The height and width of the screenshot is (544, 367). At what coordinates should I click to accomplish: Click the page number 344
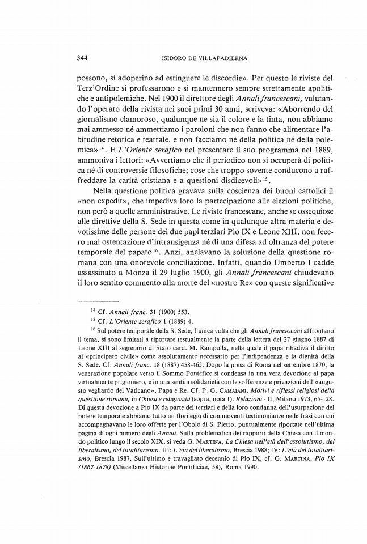tap(86, 58)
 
